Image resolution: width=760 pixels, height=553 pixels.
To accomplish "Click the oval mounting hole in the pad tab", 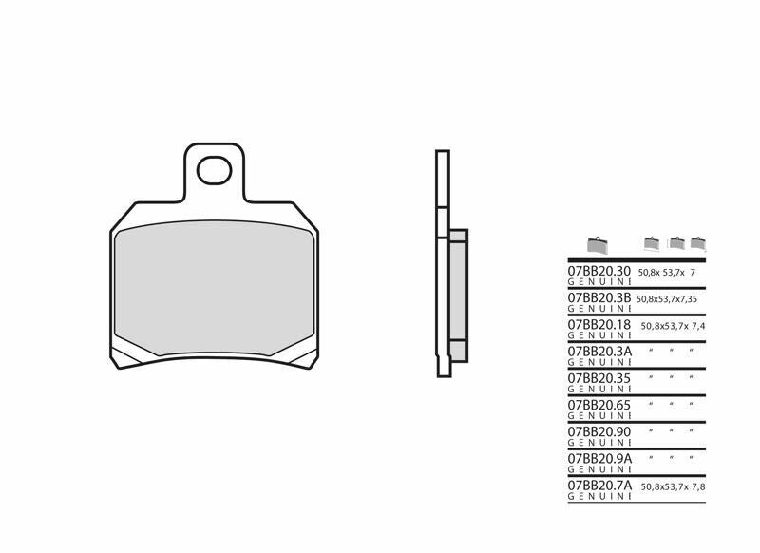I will coord(214,171).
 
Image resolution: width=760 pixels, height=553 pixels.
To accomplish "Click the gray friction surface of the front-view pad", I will coord(214,290).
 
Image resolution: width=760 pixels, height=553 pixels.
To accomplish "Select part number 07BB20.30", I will coord(599,272).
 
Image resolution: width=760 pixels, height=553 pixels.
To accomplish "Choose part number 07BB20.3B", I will coord(599,297).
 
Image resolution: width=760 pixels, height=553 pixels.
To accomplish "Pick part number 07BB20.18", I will coord(599,324).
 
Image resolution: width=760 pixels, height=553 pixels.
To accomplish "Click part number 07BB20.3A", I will coord(599,351).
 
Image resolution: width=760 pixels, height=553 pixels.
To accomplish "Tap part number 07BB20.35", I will coord(599,377).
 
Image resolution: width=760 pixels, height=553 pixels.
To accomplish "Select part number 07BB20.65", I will coord(599,404).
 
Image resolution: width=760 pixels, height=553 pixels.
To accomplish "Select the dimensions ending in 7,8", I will coord(674,485).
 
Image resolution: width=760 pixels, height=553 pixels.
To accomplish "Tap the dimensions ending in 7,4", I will coord(674,325).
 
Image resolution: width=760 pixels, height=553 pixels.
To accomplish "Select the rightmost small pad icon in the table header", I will coord(698,243).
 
